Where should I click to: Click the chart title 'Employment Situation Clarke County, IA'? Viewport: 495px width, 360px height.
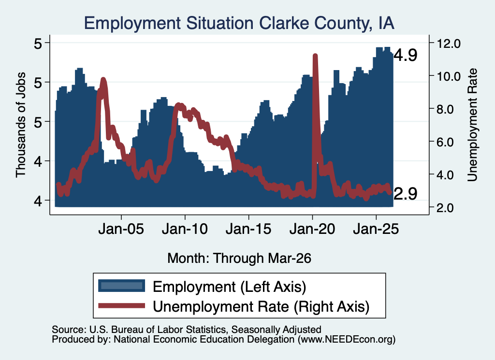pos(239,24)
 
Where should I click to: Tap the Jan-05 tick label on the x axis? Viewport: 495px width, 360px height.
pos(121,229)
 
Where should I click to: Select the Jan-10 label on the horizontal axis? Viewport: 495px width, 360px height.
pos(185,229)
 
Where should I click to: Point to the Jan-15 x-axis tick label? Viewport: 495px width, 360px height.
pos(248,229)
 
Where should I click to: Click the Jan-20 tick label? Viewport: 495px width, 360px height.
pos(312,229)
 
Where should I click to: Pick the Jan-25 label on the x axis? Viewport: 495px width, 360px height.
pos(376,229)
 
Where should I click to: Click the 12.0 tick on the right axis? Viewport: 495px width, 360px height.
pos(448,43)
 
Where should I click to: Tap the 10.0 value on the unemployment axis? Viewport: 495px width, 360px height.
pos(448,76)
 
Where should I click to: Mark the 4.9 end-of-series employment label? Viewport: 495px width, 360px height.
pos(406,55)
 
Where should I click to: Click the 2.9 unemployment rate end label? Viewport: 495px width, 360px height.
pos(406,193)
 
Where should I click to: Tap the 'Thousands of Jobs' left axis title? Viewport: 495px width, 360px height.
pos(21,125)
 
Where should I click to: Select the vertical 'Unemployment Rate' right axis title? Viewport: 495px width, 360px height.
pos(472,125)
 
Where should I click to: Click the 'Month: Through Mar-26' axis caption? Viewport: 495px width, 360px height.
pos(239,258)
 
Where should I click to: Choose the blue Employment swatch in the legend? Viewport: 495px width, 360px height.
pos(121,286)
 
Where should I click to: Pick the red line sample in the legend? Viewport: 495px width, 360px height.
pos(121,306)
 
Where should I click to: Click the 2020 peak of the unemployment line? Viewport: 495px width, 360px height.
pos(315,56)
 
